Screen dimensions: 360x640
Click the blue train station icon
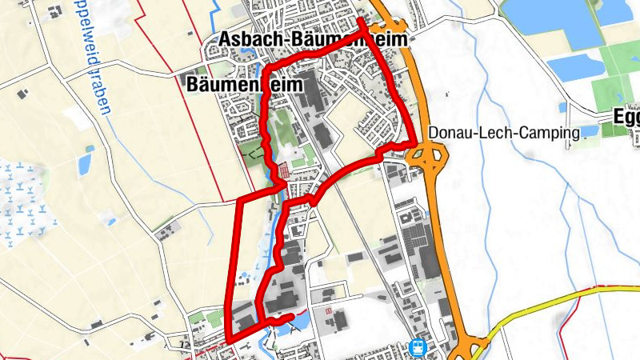coord(417,347)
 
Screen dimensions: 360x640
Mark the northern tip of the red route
coord(360,19)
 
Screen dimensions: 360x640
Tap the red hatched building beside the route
coord(285,171)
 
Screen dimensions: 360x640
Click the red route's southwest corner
coord(229,338)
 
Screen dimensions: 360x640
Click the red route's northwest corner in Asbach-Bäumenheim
coord(266,66)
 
